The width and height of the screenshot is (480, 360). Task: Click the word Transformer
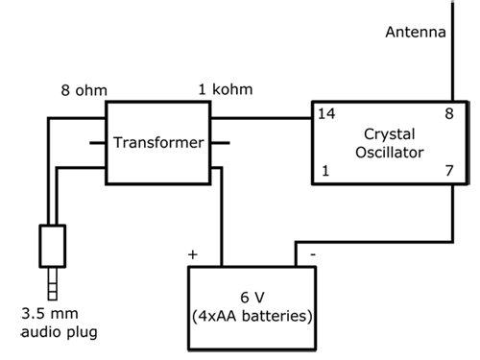pyautogui.click(x=159, y=143)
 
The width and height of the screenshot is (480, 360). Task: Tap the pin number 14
pyautogui.click(x=325, y=114)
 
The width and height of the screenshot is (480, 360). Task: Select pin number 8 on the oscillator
pyautogui.click(x=447, y=114)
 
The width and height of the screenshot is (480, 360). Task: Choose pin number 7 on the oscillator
pyautogui.click(x=447, y=171)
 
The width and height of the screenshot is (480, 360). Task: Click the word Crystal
pyautogui.click(x=389, y=132)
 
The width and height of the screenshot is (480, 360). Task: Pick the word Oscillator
pyautogui.click(x=389, y=152)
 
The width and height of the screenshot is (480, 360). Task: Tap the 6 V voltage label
pyautogui.click(x=252, y=296)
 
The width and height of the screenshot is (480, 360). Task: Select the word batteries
pyautogui.click(x=274, y=314)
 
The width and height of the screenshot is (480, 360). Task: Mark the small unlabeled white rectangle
pyautogui.click(x=52, y=246)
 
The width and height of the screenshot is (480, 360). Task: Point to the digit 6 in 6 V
pyautogui.click(x=244, y=296)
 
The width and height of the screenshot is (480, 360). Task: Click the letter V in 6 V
pyautogui.click(x=259, y=296)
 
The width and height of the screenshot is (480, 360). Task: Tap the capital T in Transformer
pyautogui.click(x=118, y=143)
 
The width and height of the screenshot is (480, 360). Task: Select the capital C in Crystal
pyautogui.click(x=369, y=132)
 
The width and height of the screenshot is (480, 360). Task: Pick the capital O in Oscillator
pyautogui.click(x=359, y=152)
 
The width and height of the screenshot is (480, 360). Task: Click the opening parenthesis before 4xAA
pyautogui.click(x=196, y=315)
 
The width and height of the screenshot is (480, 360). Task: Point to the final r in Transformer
pyautogui.click(x=202, y=144)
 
